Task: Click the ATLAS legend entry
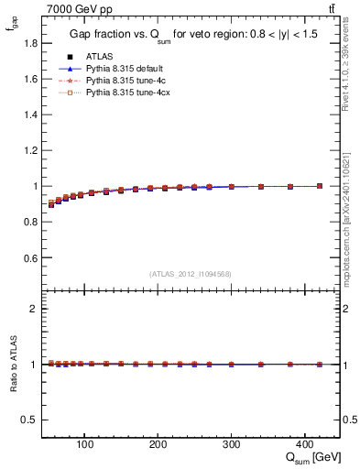tap(95, 56)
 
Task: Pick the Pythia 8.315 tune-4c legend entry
tap(116, 81)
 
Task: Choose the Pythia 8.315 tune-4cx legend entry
tap(118, 93)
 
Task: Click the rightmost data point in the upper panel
tap(319, 186)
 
